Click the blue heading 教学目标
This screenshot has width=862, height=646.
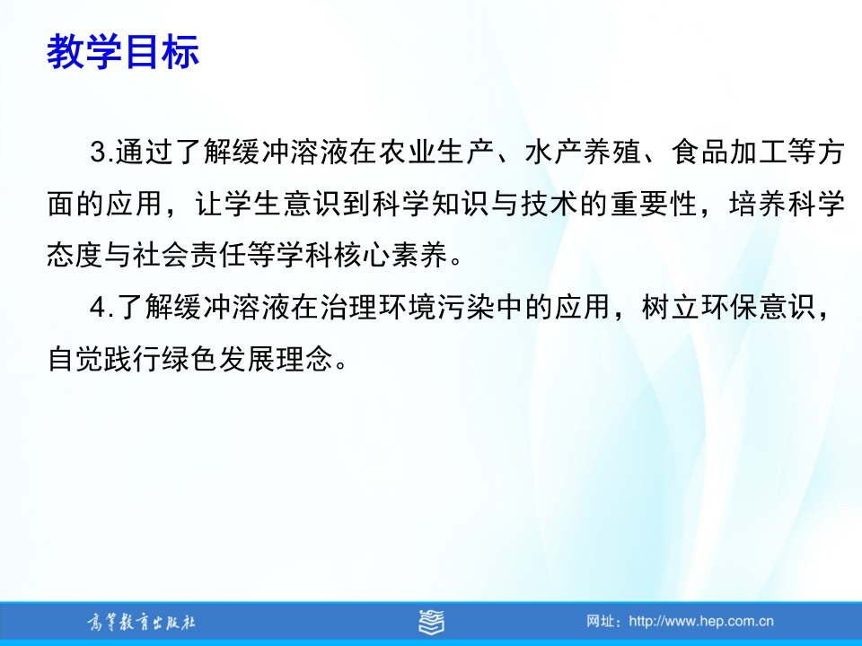[123, 52]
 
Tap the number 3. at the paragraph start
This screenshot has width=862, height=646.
[101, 153]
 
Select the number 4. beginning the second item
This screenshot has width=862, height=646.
[102, 307]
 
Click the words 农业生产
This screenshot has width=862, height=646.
[436, 153]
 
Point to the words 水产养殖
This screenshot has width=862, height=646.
[582, 153]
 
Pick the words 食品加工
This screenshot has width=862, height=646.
[728, 153]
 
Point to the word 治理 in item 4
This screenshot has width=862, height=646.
[348, 307]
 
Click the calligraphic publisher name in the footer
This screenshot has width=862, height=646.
[141, 623]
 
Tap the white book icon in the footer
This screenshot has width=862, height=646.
[432, 622]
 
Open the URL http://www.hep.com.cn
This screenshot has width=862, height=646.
[701, 622]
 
